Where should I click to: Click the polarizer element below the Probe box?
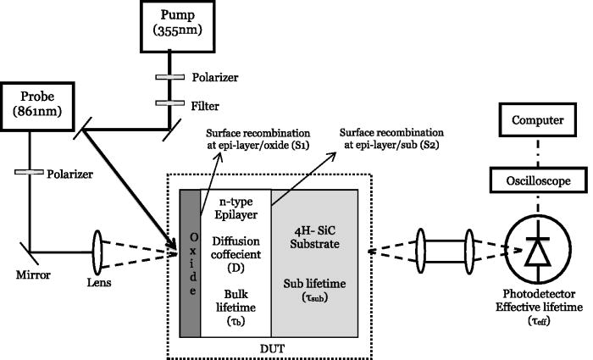(x=30, y=173)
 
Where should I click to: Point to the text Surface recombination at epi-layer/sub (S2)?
(x=392, y=140)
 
